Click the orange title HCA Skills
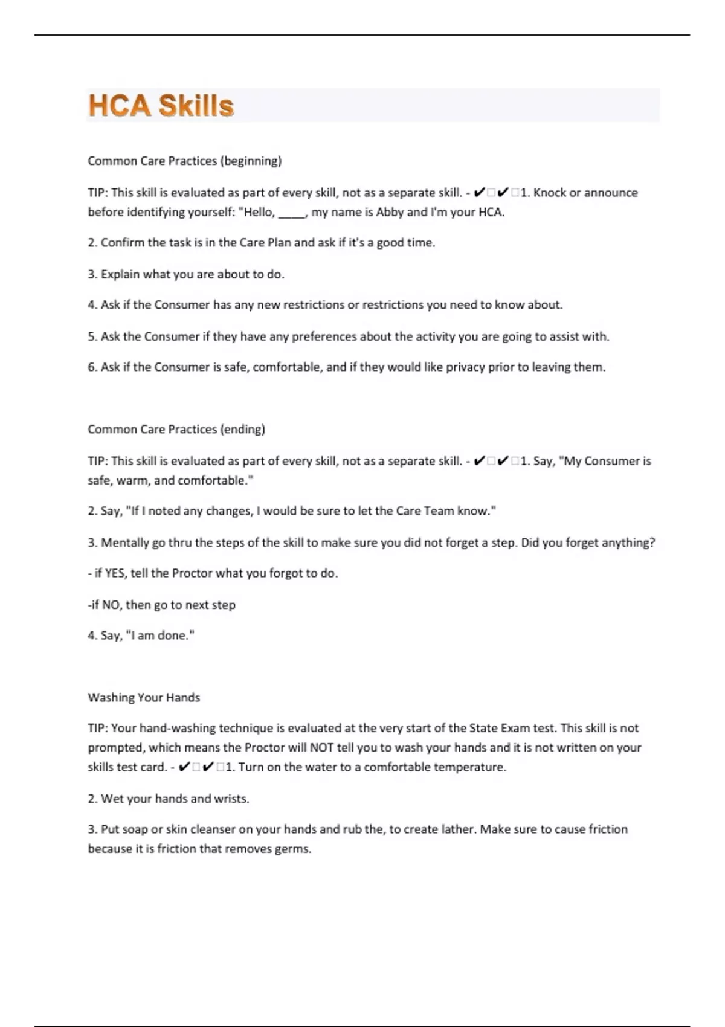161,106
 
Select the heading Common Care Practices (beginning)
184,161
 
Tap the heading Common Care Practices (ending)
176,429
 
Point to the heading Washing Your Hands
144,697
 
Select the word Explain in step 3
120,274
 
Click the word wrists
230,798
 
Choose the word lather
457,829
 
